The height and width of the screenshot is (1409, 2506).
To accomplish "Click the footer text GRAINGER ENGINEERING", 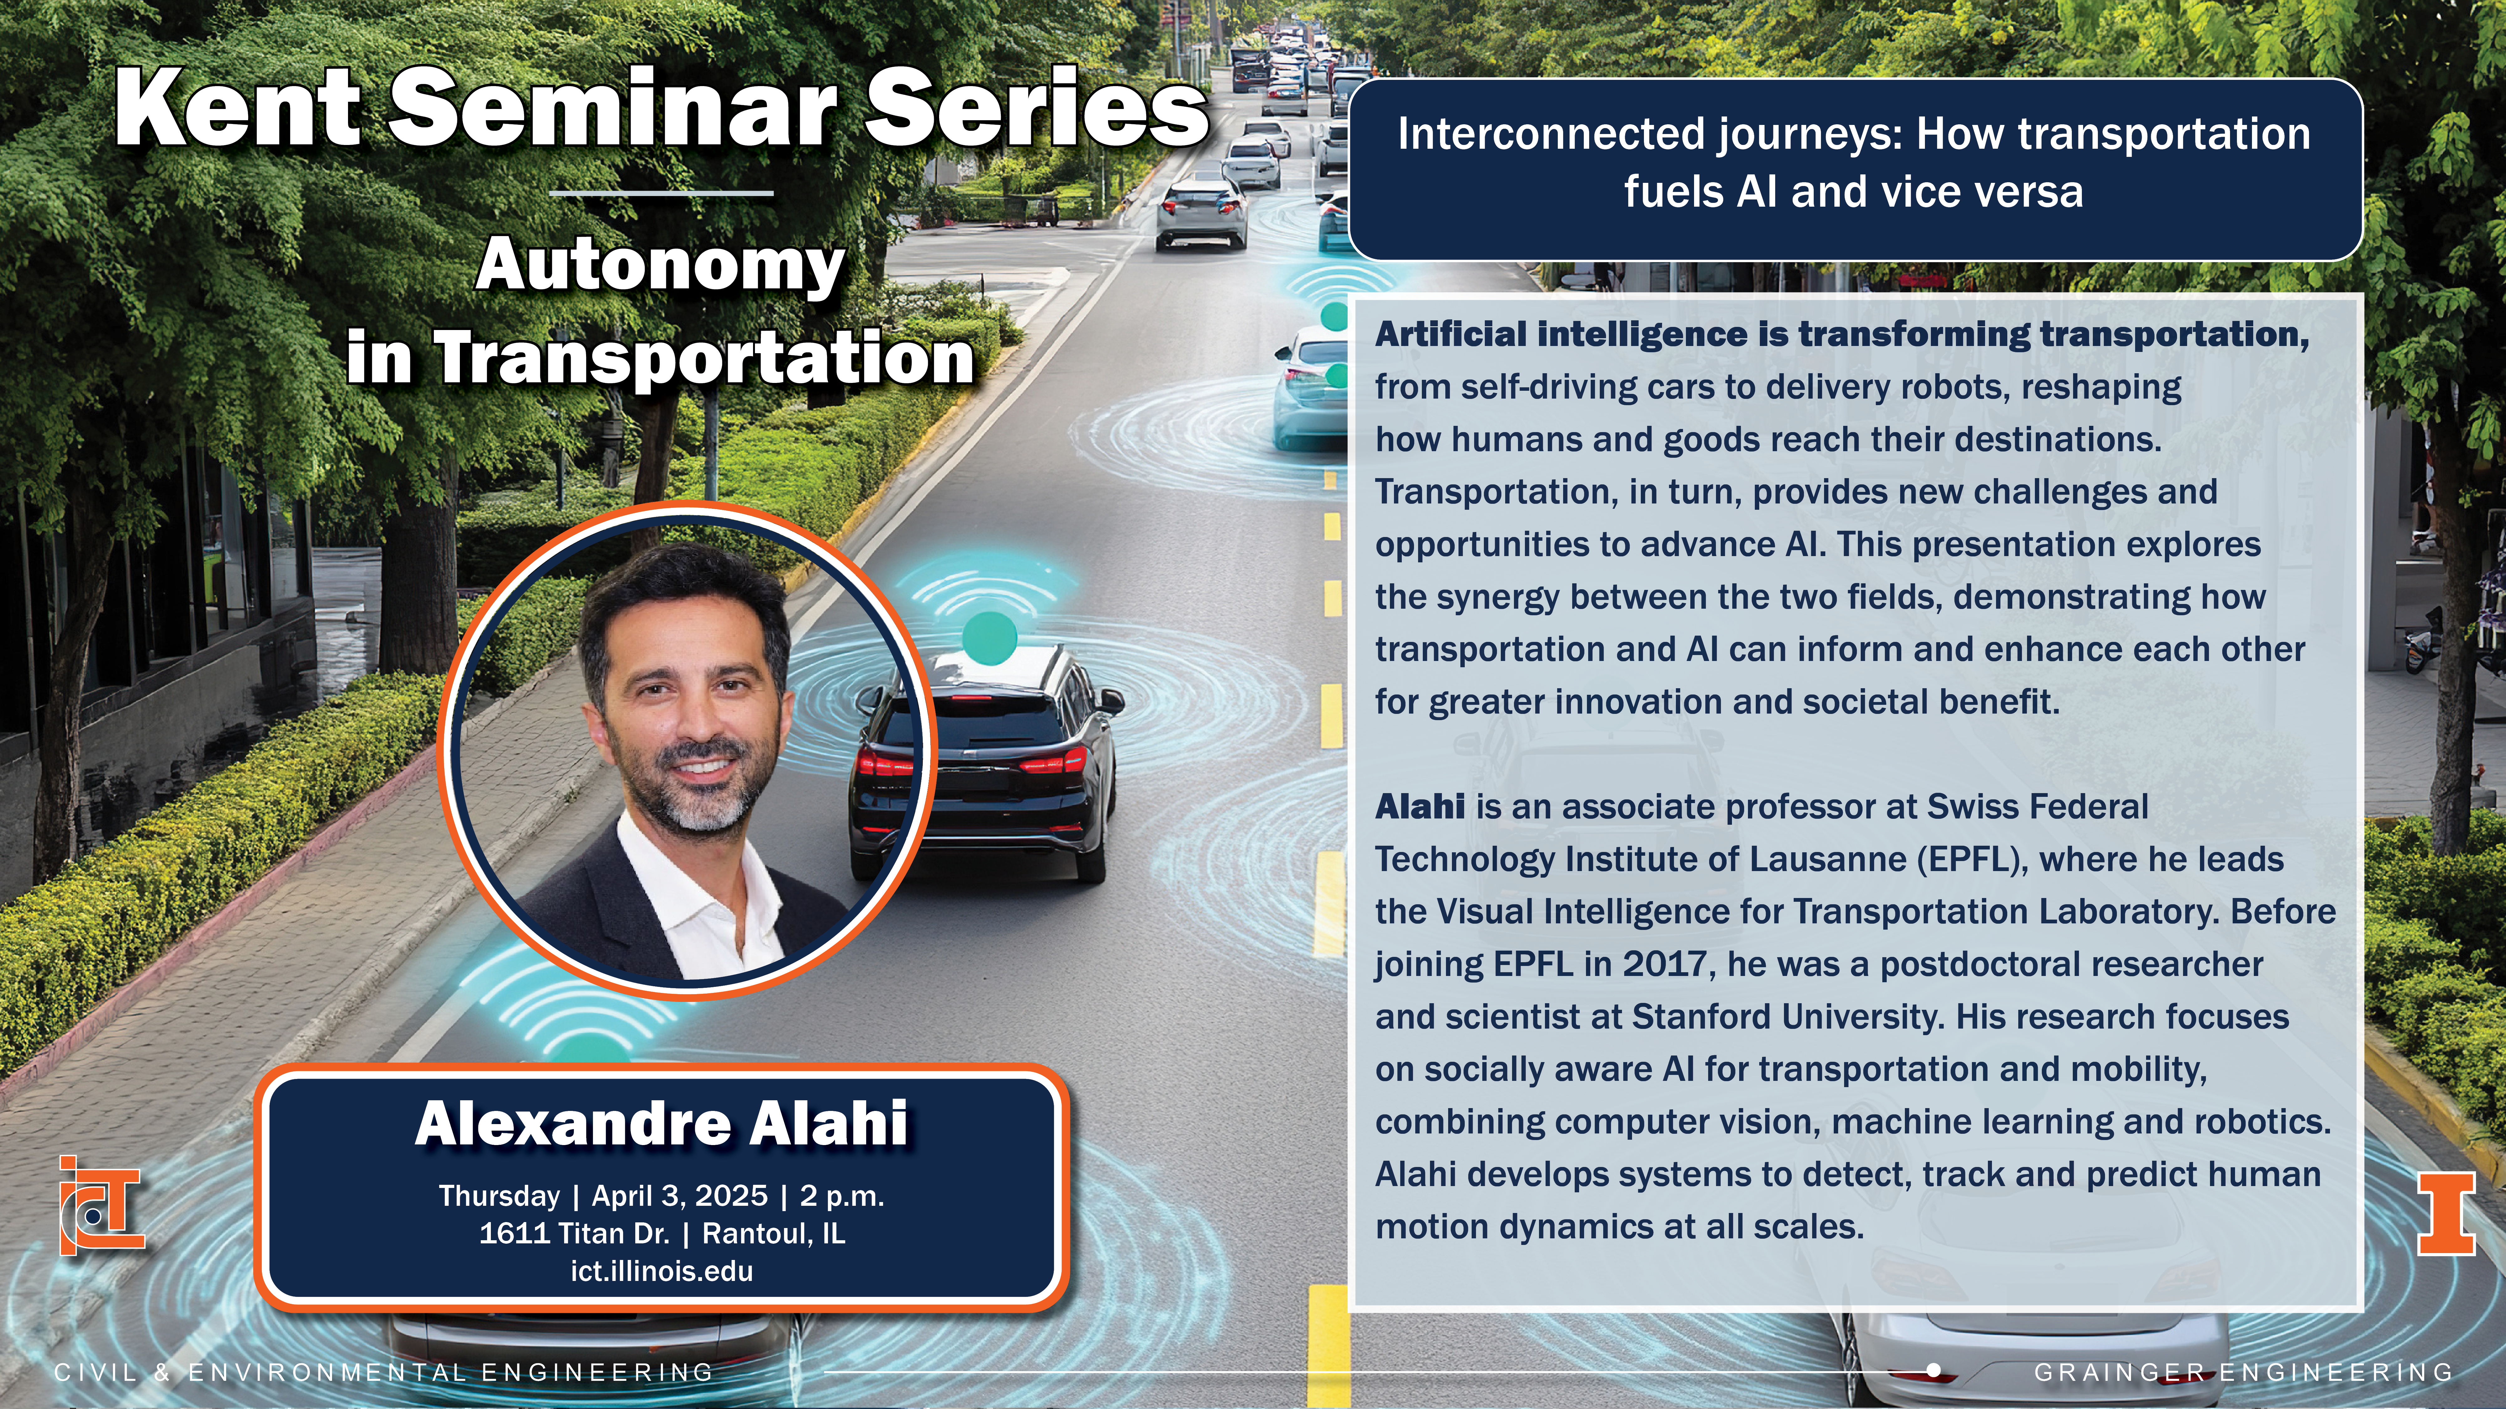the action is [x=2243, y=1372].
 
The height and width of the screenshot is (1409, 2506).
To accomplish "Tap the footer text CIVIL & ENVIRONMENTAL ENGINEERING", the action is [x=384, y=1372].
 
